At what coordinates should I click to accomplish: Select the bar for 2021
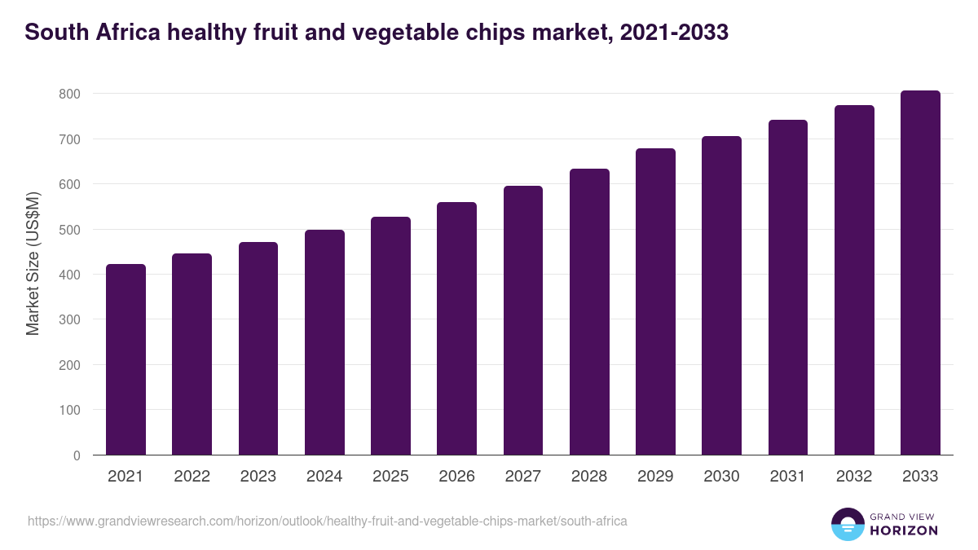(x=126, y=359)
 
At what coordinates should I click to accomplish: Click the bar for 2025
(x=390, y=336)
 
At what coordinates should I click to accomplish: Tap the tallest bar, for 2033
(x=920, y=273)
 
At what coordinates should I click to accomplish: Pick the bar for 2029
(x=655, y=301)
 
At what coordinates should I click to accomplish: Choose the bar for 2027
(x=523, y=320)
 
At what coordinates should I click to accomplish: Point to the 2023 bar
(x=258, y=349)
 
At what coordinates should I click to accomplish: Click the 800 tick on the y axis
(x=69, y=95)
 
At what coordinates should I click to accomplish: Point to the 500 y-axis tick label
(x=69, y=230)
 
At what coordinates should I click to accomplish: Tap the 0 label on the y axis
(x=77, y=455)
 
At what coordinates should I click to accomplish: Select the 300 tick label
(x=69, y=320)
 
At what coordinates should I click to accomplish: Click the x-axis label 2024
(x=324, y=477)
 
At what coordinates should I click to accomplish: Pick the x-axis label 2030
(x=721, y=477)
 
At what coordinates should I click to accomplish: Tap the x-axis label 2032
(x=854, y=477)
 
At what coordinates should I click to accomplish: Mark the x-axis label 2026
(x=456, y=477)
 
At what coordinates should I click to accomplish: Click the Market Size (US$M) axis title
(x=33, y=264)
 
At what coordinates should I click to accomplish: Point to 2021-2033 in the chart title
(x=673, y=33)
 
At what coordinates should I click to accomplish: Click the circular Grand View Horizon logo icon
(x=847, y=525)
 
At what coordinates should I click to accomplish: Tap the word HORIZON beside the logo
(x=905, y=530)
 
